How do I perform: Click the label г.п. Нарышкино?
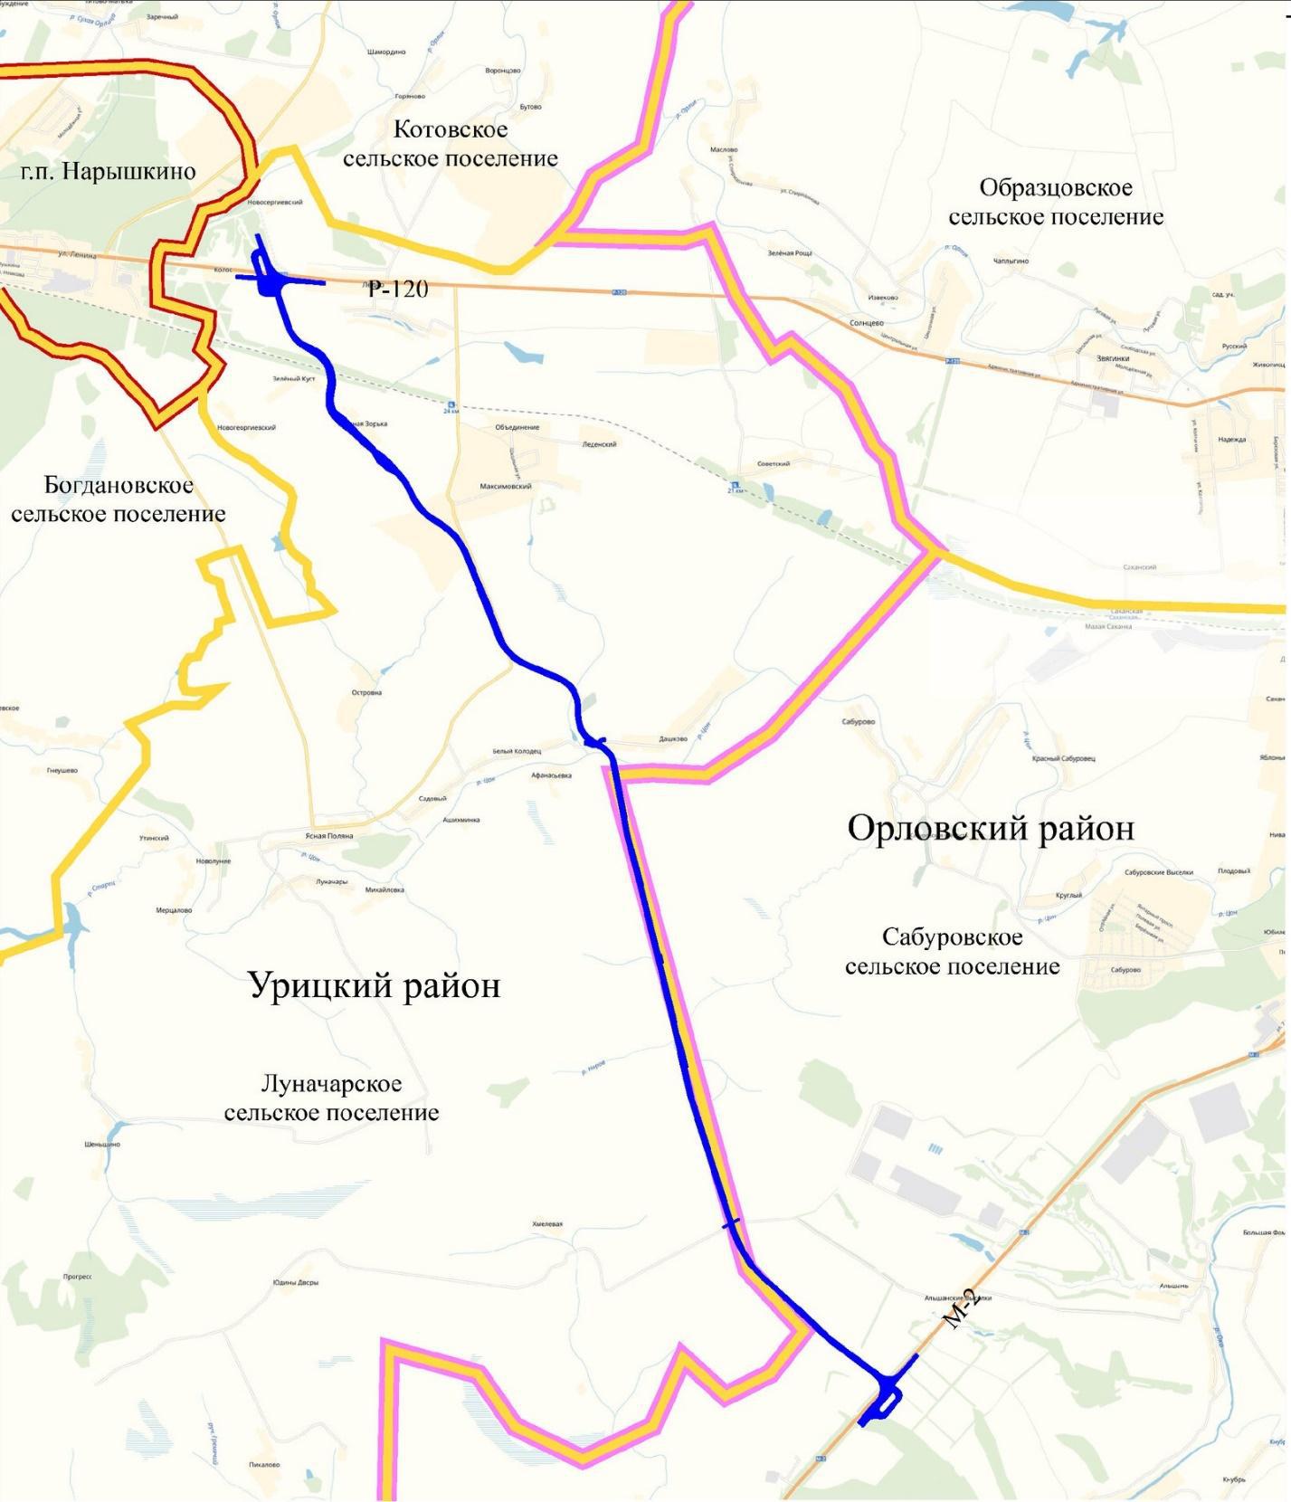109,172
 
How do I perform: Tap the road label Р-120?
398,290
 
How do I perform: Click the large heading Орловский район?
991,828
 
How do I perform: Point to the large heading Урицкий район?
375,984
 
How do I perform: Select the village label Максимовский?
506,486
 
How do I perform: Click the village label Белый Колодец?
517,751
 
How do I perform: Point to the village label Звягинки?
1113,358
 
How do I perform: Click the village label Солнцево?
867,323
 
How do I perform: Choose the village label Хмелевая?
547,1224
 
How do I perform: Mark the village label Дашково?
673,739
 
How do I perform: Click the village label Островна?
366,693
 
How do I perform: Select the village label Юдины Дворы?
296,1282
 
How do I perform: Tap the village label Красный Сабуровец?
1063,758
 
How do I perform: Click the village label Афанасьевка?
551,775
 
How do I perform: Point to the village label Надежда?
1232,440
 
